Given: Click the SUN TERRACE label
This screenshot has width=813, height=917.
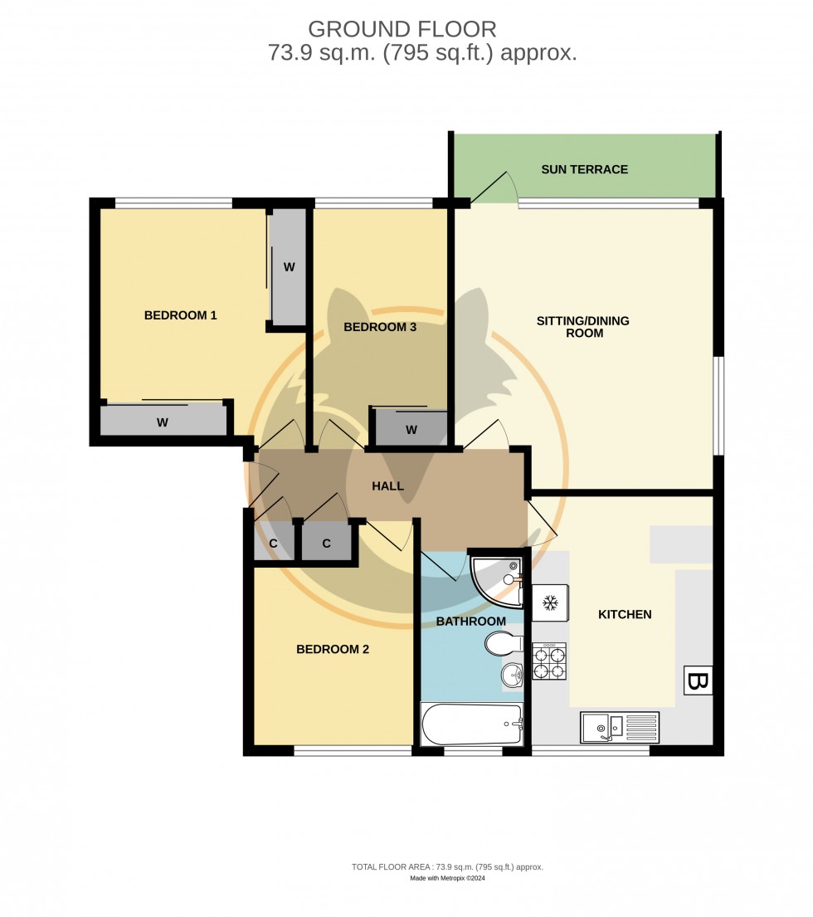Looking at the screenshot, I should (584, 169).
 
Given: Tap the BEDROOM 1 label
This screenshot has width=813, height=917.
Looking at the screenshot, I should (180, 315).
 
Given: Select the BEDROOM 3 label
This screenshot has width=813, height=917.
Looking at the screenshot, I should (380, 327).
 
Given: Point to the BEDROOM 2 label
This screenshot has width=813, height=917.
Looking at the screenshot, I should (333, 649).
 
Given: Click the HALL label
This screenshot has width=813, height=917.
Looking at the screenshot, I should (387, 486).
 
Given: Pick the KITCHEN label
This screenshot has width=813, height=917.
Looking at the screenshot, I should (625, 615).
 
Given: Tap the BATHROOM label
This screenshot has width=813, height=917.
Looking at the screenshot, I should (470, 621).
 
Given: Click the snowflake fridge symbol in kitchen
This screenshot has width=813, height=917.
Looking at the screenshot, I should (549, 603).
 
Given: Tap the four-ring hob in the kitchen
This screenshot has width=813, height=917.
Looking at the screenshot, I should (549, 661).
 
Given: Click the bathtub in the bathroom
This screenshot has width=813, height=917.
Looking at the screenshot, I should (472, 724).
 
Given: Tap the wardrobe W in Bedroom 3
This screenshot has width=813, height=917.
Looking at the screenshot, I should (411, 429).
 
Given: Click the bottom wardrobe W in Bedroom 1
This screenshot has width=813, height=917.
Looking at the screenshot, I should (163, 422).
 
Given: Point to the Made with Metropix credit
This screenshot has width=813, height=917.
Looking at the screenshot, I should (447, 879).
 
